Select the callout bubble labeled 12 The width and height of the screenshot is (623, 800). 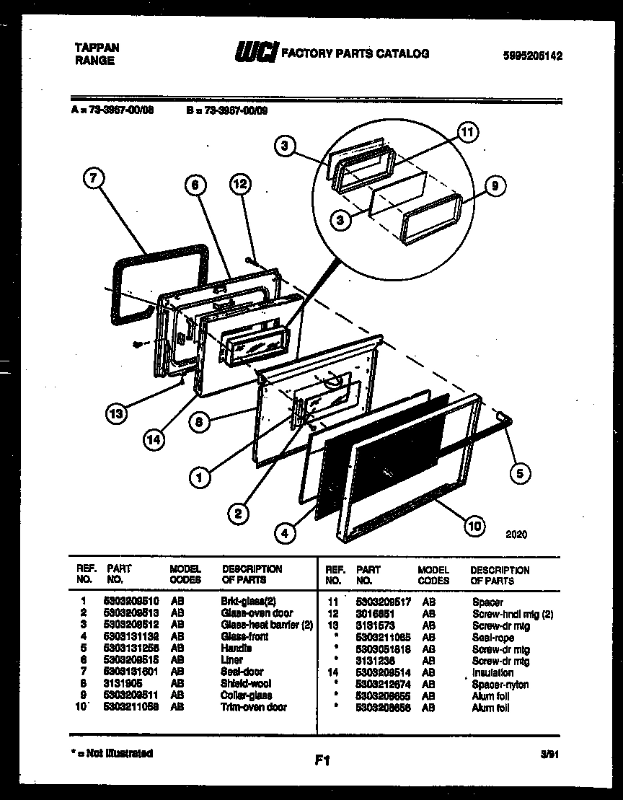click(240, 185)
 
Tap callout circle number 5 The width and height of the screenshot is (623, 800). click(519, 473)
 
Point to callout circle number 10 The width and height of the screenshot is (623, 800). click(474, 526)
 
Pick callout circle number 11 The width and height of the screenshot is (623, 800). click(468, 133)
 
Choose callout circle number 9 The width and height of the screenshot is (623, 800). click(495, 187)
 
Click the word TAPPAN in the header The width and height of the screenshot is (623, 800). click(97, 48)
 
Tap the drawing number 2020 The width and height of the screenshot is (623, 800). click(516, 535)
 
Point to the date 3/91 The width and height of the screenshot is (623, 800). click(549, 754)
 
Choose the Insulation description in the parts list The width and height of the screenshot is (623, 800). click(492, 672)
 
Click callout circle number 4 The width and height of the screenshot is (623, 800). click(286, 534)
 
